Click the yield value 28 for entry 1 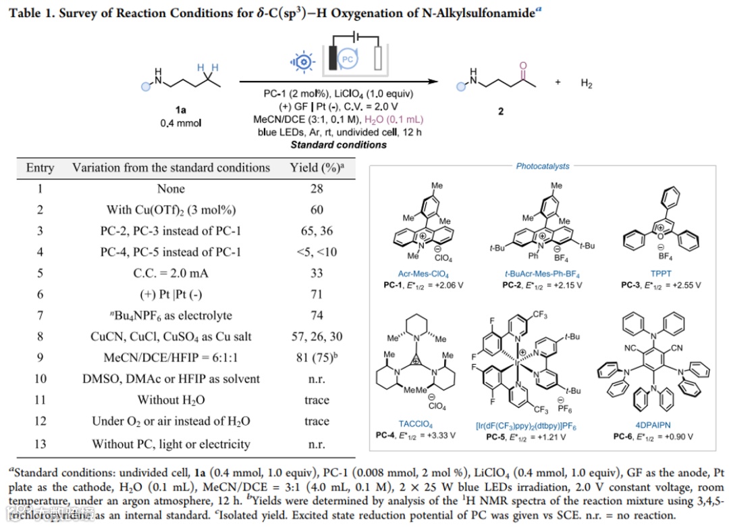click(317, 189)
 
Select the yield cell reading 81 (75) click(317, 357)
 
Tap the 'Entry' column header click(40, 168)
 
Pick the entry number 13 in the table click(40, 444)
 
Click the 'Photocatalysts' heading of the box click(543, 166)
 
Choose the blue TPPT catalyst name click(661, 274)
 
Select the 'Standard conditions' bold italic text click(339, 145)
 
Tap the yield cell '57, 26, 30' click(317, 336)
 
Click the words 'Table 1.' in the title click(30, 11)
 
